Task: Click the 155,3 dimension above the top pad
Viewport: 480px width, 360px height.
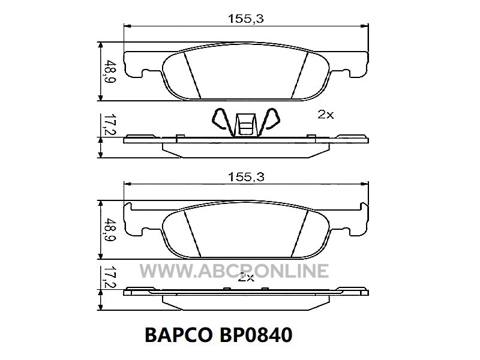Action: point(246,19)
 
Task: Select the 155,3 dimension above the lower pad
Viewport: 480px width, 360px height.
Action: point(246,177)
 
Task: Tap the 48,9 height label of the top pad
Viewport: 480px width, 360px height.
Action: point(109,72)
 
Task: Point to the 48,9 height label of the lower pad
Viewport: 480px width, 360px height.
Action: point(109,230)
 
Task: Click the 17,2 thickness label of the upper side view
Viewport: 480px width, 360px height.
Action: point(109,124)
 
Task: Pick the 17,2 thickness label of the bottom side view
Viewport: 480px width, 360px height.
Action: point(109,277)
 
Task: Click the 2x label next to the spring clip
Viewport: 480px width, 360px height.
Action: point(325,115)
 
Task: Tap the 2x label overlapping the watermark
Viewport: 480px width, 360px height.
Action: point(246,277)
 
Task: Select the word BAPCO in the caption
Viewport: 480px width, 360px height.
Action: point(178,335)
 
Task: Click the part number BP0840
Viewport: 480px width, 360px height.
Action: point(256,335)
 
